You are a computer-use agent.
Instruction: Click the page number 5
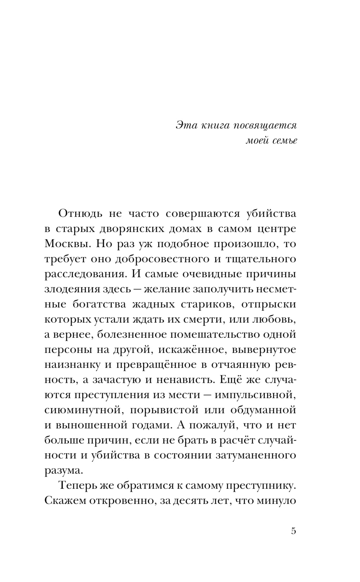293,531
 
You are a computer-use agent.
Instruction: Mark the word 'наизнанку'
72,365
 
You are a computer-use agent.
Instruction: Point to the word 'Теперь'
76,485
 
